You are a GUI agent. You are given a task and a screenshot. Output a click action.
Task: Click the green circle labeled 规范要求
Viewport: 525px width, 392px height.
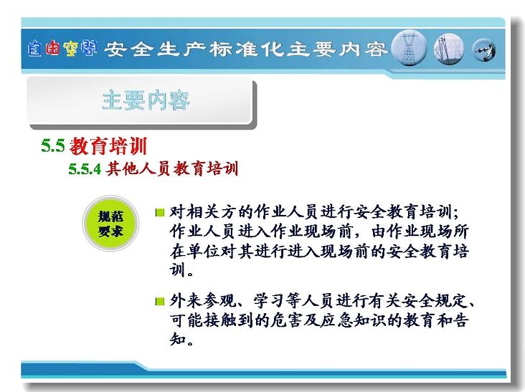pyautogui.click(x=110, y=224)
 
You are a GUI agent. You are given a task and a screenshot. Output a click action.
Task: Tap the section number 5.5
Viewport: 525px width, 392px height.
pyautogui.click(x=53, y=145)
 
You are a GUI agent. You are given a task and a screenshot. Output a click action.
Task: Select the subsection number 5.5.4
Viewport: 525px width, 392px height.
pyautogui.click(x=85, y=169)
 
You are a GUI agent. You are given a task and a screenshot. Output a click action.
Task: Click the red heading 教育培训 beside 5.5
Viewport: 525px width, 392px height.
pyautogui.click(x=108, y=145)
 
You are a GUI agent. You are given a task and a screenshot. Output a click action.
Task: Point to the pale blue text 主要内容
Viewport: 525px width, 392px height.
pyautogui.click(x=146, y=100)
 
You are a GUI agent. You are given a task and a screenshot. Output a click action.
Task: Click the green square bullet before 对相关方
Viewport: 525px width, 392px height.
pyautogui.click(x=160, y=212)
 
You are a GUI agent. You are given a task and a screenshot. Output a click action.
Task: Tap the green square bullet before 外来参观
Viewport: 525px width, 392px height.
pyautogui.click(x=160, y=302)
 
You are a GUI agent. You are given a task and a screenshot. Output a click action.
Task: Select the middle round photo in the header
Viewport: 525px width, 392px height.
pyautogui.click(x=449, y=49)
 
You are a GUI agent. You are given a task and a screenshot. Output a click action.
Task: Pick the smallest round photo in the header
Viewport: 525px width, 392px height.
pyautogui.click(x=484, y=50)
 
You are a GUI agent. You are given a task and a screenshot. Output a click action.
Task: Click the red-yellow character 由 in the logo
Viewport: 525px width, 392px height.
pyautogui.click(x=52, y=48)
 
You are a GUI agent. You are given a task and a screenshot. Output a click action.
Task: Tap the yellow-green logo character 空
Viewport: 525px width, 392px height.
pyautogui.click(x=71, y=48)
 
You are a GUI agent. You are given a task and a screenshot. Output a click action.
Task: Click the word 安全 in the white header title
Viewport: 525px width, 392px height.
pyautogui.click(x=127, y=49)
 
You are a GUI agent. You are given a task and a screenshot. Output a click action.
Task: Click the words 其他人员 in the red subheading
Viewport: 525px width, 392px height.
pyautogui.click(x=138, y=168)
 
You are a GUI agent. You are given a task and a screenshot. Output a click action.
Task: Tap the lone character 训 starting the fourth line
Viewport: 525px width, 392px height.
pyautogui.click(x=177, y=269)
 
